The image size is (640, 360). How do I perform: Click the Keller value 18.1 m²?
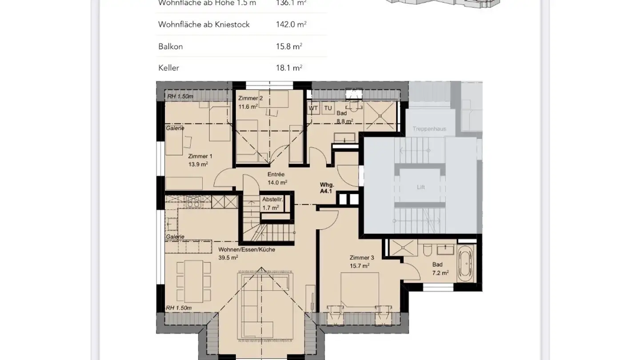(x=289, y=68)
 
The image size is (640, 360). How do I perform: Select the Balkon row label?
(x=171, y=46)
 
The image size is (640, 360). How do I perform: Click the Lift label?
(x=420, y=187)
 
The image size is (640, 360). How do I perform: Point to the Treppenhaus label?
(x=429, y=129)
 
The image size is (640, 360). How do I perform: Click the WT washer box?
(x=314, y=108)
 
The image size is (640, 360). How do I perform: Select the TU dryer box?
(x=328, y=108)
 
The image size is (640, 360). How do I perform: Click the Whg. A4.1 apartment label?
(x=327, y=188)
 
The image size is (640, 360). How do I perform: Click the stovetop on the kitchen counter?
(x=193, y=201)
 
